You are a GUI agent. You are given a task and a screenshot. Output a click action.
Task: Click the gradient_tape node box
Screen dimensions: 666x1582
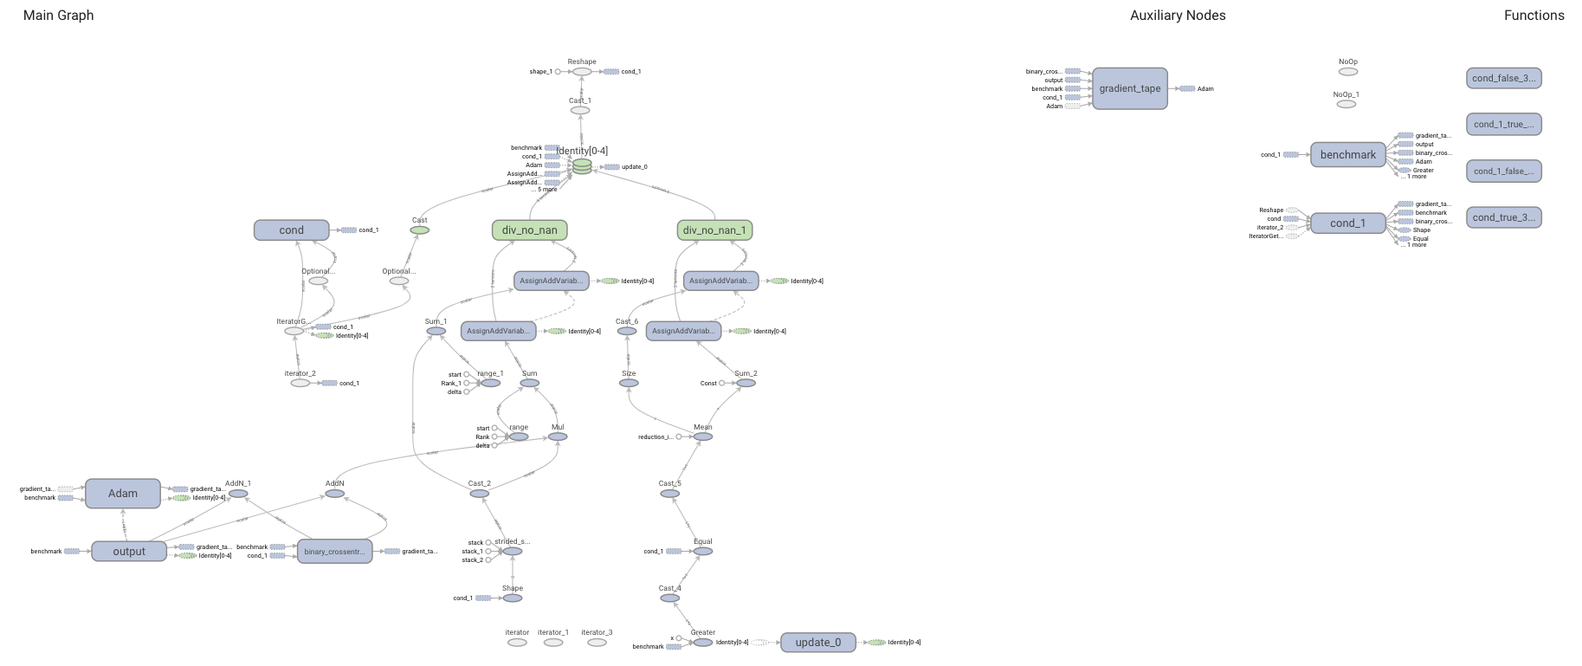coord(1129,88)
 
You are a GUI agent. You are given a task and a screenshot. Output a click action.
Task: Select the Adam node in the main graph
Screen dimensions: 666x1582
coord(122,494)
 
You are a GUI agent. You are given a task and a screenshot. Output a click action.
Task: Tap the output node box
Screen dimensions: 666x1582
coord(129,552)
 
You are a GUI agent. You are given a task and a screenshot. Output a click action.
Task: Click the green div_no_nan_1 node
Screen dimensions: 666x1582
coord(714,230)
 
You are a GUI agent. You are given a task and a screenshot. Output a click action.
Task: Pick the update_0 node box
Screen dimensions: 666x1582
coord(817,643)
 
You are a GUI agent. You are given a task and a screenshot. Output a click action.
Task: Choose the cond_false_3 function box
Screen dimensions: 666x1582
coord(1503,78)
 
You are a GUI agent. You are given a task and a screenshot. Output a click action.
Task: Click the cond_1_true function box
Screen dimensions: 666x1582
coord(1503,124)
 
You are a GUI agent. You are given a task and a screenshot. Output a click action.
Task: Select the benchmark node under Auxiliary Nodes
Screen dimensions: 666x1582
coord(1347,155)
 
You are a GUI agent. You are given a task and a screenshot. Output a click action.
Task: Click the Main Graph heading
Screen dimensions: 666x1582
coord(58,16)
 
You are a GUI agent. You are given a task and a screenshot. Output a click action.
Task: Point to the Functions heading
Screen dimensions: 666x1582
coord(1534,16)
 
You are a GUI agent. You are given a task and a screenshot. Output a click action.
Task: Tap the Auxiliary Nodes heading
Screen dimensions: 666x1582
coord(1177,16)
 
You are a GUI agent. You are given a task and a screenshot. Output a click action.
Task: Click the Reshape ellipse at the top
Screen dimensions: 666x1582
coord(582,72)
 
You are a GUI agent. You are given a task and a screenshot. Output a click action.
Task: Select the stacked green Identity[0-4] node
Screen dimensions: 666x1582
coord(582,166)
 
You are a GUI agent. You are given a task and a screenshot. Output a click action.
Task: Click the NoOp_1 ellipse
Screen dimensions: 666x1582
coord(1346,104)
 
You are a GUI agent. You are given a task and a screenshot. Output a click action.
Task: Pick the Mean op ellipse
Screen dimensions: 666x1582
coord(703,437)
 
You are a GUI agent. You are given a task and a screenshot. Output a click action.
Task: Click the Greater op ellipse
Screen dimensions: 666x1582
coord(703,643)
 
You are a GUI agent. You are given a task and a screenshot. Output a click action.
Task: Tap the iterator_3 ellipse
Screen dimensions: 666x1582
coord(597,643)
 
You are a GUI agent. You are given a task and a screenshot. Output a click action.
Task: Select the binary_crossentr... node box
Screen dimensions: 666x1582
coord(334,552)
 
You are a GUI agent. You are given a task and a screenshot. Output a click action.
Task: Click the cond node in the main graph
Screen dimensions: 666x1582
coord(291,230)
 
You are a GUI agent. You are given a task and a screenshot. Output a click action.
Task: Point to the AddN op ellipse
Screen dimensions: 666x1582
coord(335,495)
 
